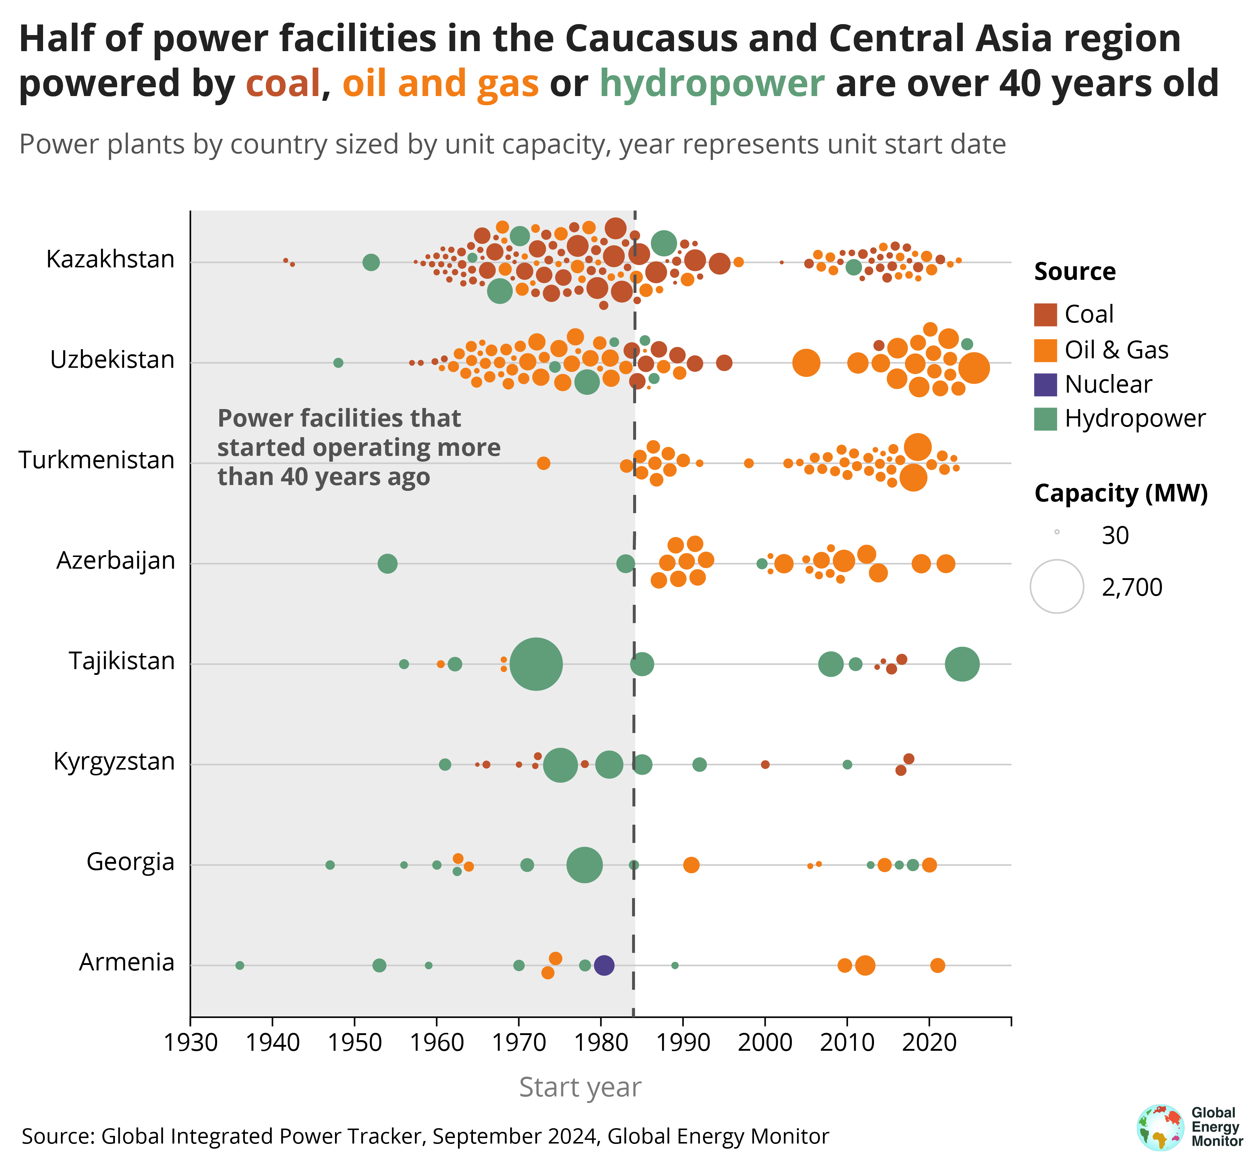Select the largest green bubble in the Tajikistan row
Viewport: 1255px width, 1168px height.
tap(536, 664)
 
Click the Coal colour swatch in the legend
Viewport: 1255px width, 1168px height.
tap(1046, 314)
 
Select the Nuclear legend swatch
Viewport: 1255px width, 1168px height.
tap(1046, 384)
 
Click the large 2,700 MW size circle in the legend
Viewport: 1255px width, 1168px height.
tap(1057, 586)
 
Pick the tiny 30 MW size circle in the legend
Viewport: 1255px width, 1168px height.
tap(1057, 532)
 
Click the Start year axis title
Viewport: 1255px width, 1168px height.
tap(580, 1087)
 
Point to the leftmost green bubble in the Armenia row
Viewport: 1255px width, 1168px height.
tap(240, 965)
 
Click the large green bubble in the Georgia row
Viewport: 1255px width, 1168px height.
tap(585, 865)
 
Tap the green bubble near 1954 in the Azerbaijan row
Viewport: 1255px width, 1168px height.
tap(388, 564)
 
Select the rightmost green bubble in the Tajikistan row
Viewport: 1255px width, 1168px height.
tap(962, 664)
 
